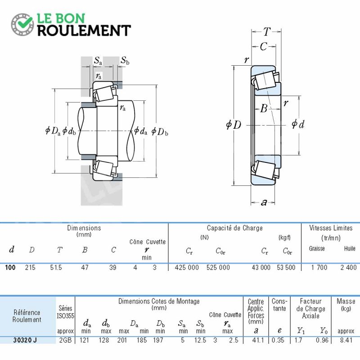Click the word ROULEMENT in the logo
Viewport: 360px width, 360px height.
84,31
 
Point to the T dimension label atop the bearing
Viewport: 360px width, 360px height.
266,31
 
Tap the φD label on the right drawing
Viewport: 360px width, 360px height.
234,125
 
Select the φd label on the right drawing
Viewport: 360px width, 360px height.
298,124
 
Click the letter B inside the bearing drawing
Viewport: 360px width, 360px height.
264,108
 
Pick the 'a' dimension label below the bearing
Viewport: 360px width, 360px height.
264,202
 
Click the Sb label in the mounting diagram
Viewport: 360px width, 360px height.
125,60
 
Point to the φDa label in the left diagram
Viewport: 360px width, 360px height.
53,131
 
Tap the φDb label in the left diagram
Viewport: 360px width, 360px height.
160,131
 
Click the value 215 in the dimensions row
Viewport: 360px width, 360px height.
30,267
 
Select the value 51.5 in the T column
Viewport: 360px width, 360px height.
56,267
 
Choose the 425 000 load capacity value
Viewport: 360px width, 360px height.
187,267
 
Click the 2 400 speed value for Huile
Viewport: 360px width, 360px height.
348,267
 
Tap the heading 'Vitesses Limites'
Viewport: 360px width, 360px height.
331,228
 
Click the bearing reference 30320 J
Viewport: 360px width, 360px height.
25,340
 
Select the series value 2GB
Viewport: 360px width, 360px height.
65,340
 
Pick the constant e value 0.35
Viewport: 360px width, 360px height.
278,340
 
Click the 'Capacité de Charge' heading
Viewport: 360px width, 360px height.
234,228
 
